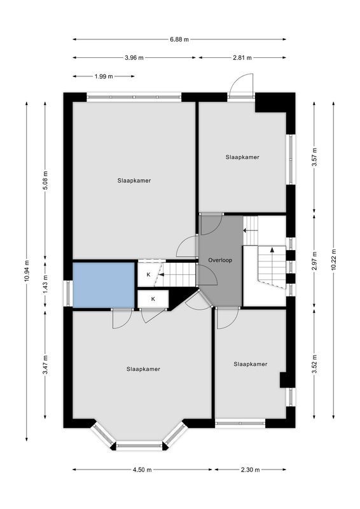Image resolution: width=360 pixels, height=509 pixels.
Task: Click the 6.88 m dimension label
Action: tap(179, 39)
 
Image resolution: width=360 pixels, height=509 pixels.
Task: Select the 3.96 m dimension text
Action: tap(134, 58)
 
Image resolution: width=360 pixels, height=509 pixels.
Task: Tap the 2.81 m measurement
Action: tap(242, 58)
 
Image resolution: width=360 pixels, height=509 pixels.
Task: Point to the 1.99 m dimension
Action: tap(103, 76)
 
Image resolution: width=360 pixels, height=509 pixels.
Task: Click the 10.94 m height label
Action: tap(27, 271)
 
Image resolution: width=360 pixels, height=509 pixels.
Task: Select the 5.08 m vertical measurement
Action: tap(45, 181)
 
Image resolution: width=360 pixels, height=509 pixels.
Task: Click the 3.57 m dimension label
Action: tap(314, 157)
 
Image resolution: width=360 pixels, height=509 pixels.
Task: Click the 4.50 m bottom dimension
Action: tap(143, 470)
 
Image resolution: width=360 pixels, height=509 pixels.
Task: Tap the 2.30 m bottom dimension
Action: tap(250, 470)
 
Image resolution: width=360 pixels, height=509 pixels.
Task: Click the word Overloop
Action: tap(219, 261)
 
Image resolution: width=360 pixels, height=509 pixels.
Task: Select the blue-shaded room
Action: tap(103, 284)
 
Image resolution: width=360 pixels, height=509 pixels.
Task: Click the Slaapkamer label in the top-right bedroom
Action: tap(242, 157)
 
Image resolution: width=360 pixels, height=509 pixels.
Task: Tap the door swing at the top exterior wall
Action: tap(241, 86)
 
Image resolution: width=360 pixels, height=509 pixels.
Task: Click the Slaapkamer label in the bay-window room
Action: tap(143, 369)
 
